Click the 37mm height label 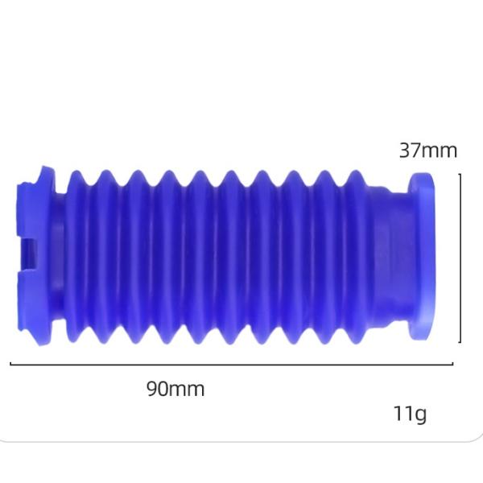tap(428, 151)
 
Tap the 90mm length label tap(175, 389)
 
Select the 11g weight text tap(411, 414)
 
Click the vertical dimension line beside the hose tap(460, 258)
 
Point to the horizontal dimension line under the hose tap(232, 364)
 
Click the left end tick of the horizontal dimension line tap(10, 364)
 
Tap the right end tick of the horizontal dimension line tap(452, 364)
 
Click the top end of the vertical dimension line tap(460, 174)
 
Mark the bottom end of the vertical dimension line tap(460, 341)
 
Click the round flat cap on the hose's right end tap(422, 256)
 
